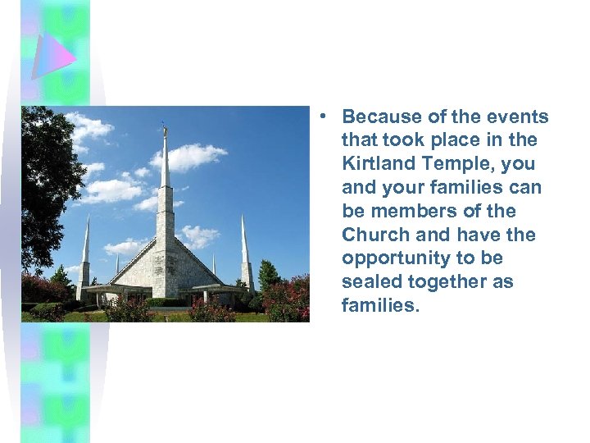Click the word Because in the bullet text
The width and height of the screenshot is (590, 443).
(x=379, y=117)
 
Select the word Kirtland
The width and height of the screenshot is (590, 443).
(x=378, y=164)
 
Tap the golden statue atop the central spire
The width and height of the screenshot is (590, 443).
(x=165, y=129)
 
